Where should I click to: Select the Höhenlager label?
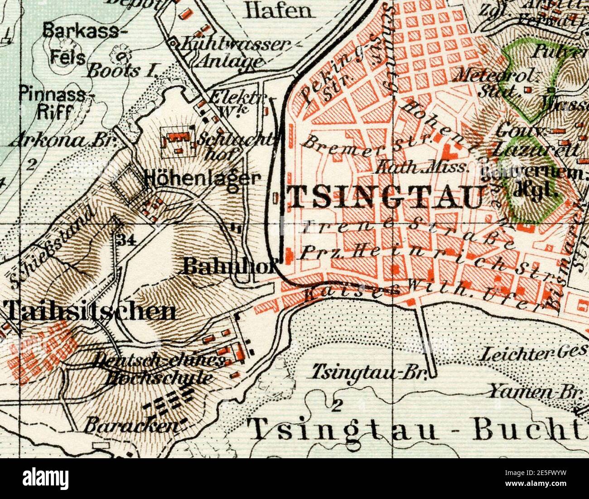(x=202, y=178)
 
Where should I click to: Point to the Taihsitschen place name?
(x=91, y=312)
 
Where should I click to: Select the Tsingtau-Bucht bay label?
(x=417, y=429)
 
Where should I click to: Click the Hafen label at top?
(x=279, y=10)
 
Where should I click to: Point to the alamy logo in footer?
(x=46, y=478)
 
